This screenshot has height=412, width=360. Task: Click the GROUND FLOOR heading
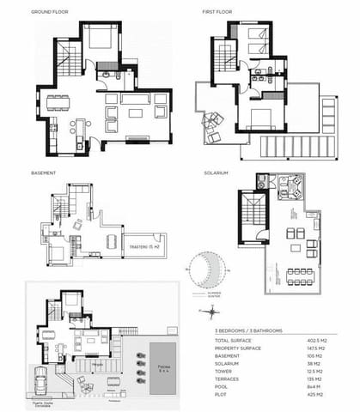[x=49, y=12]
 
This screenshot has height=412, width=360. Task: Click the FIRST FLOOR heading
[x=217, y=12]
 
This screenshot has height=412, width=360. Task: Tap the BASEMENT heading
[x=44, y=173]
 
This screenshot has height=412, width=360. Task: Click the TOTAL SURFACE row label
[x=234, y=341]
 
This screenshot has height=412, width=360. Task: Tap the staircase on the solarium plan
[x=251, y=216]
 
